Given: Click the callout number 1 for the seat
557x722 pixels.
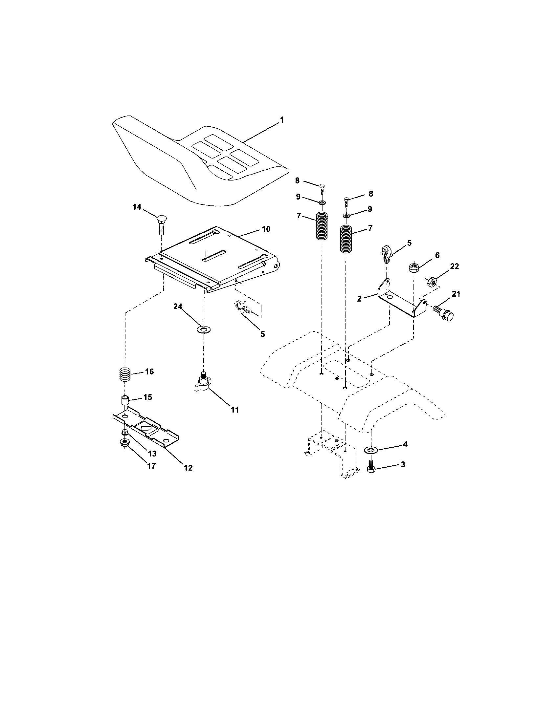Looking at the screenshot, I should click(x=281, y=120).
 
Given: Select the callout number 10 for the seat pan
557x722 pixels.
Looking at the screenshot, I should click(x=266, y=229).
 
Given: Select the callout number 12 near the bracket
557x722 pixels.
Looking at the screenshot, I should click(x=188, y=468).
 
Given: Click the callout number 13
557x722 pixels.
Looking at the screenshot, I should click(x=152, y=454).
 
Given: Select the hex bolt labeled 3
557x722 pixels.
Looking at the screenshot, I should click(x=370, y=467).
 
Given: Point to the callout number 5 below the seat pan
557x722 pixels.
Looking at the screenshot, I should click(x=262, y=334).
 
